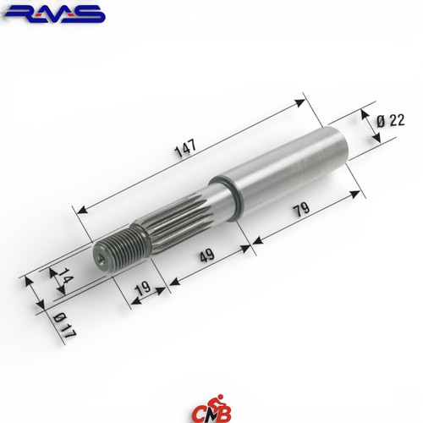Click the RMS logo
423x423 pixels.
pos(54,14)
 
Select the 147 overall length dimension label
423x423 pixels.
pos(185,148)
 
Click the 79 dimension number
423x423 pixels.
pos(301,209)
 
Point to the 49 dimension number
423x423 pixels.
pos(207,255)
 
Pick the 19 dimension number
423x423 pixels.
pos(143,288)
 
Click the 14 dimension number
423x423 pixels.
pos(65,277)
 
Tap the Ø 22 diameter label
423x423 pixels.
pos(391,121)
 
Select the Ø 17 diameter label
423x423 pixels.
pos(64,326)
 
